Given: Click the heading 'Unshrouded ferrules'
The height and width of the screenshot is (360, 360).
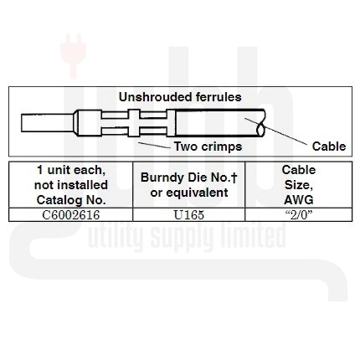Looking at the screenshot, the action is pyautogui.click(x=180, y=97).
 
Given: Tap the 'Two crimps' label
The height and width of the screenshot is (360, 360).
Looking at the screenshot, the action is pyautogui.click(x=208, y=147).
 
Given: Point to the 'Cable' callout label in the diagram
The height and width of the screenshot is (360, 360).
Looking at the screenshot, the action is pyautogui.click(x=329, y=147).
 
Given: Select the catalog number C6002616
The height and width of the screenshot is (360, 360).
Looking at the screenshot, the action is pyautogui.click(x=71, y=215).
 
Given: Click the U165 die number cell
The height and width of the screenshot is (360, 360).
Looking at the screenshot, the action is pyautogui.click(x=189, y=215).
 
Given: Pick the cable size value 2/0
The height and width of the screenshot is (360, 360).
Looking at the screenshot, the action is pyautogui.click(x=299, y=215).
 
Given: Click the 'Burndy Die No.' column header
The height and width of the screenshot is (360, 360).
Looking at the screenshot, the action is pyautogui.click(x=189, y=177).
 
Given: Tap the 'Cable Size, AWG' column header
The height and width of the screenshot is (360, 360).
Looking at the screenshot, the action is pyautogui.click(x=299, y=185).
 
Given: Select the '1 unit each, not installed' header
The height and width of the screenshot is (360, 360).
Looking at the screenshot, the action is pyautogui.click(x=71, y=177).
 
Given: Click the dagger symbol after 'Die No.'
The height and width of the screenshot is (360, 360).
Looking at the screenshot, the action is pyautogui.click(x=234, y=177).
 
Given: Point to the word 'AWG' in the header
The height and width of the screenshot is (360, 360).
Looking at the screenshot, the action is pyautogui.click(x=299, y=200).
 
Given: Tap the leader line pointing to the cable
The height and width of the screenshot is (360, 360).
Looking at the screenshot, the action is pyautogui.click(x=275, y=131).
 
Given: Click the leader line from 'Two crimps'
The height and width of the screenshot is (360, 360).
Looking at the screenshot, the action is pyautogui.click(x=154, y=145).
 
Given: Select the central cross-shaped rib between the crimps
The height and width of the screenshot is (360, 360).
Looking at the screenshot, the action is pyautogui.click(x=134, y=123).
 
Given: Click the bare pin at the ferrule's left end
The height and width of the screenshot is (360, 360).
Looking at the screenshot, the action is pyautogui.click(x=48, y=123).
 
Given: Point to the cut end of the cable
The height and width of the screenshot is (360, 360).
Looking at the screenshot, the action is pyautogui.click(x=260, y=123).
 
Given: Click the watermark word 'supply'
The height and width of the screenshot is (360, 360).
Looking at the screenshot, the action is pyautogui.click(x=181, y=236).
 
